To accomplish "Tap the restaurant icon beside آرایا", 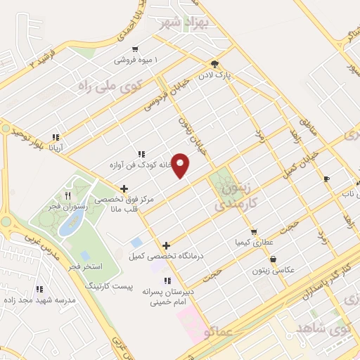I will tap(56, 138).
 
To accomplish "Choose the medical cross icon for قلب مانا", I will tap(124, 188).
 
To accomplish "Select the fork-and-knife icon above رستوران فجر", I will tap(68, 195).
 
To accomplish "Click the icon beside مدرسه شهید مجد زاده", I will tap(39, 288).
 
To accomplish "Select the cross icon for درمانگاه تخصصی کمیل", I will tap(166, 245).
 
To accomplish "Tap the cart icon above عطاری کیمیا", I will tap(254, 231).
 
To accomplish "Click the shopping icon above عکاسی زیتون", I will tap(273, 259).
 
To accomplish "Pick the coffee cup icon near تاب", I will tap(326, 179).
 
